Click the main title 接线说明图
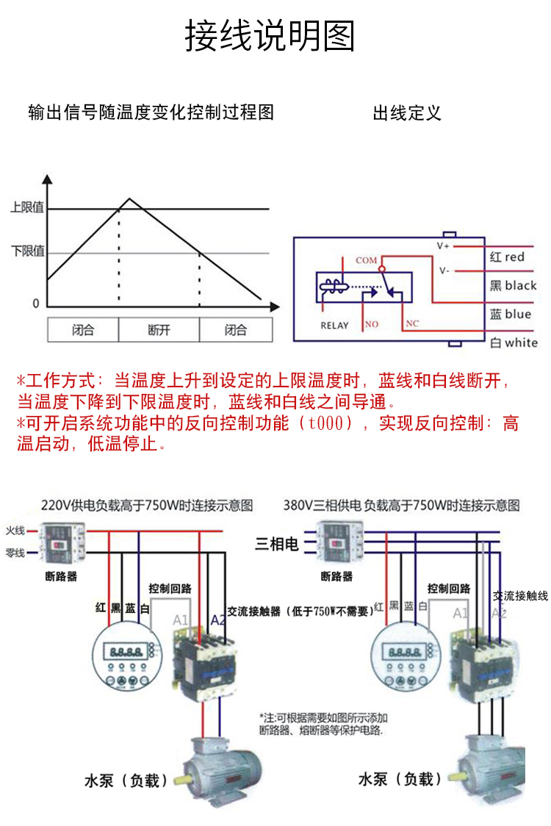pos(270,36)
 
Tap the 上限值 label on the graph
pos(26,207)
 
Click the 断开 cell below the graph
pos(159,330)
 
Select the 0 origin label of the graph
pos(36,304)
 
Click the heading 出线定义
pos(407,113)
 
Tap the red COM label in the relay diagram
pos(366,260)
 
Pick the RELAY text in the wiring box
pos(334,326)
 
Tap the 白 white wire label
pos(513,342)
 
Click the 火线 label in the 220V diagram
pos(15,530)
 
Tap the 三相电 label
pos(277,545)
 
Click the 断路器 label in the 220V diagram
pos(61,577)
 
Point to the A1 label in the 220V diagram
pos(181,619)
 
